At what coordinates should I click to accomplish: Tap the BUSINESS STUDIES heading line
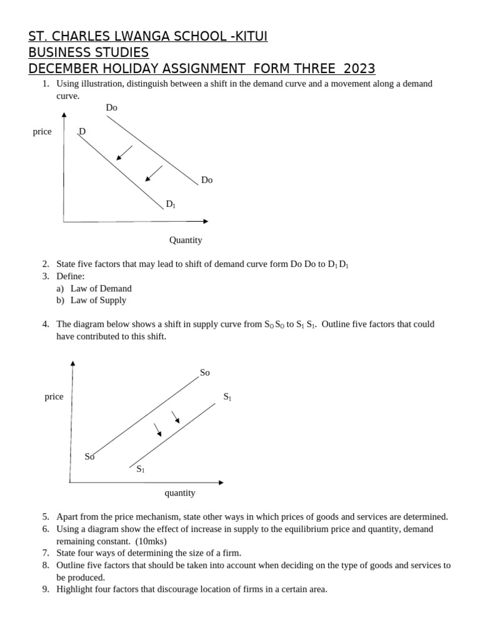(89, 52)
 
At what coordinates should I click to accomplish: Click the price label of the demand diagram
(42, 132)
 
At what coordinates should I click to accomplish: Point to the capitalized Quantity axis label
(186, 240)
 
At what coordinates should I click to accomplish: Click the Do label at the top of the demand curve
(112, 107)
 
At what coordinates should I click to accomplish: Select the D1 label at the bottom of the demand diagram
(171, 204)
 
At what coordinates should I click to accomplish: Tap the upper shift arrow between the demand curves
(124, 153)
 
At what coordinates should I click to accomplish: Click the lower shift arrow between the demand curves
(154, 174)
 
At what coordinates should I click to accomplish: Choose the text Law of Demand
(101, 289)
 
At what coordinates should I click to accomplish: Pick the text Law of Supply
(99, 301)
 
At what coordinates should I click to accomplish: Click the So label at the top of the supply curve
(205, 372)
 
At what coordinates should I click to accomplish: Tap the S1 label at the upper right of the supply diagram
(227, 397)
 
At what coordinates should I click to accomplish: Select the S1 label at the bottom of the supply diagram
(141, 469)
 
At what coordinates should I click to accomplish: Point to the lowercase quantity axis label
(180, 493)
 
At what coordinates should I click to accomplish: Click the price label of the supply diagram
(54, 397)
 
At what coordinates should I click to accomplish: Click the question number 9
(46, 589)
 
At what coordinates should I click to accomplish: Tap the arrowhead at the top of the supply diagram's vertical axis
(72, 363)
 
